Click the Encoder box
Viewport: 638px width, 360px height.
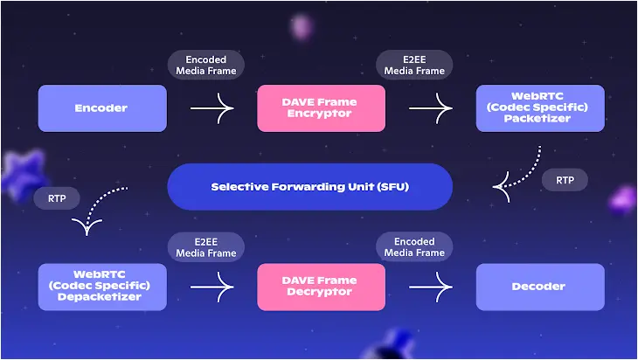(x=102, y=108)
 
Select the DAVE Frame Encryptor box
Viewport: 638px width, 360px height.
(x=321, y=108)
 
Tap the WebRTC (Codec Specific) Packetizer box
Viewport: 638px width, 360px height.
(x=540, y=108)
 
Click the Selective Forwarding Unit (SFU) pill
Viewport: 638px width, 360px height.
(x=310, y=187)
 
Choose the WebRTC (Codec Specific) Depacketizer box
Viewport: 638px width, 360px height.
(x=102, y=287)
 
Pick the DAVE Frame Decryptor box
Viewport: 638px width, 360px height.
(x=321, y=287)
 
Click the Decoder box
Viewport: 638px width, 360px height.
(x=540, y=287)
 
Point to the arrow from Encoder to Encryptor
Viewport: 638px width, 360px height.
(x=212, y=108)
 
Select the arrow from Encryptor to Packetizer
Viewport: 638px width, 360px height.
(x=431, y=108)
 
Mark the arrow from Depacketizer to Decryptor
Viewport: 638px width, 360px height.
(x=212, y=287)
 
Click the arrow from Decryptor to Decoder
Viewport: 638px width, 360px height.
(x=431, y=287)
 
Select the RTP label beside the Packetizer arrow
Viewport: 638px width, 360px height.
(x=565, y=180)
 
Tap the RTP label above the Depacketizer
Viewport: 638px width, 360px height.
(x=57, y=198)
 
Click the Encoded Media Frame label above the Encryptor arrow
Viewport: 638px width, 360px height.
(x=206, y=65)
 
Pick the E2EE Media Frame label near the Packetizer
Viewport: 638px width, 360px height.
(x=414, y=65)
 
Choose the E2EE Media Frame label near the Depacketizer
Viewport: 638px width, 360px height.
(x=206, y=247)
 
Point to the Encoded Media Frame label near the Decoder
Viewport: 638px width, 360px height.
(x=414, y=247)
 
